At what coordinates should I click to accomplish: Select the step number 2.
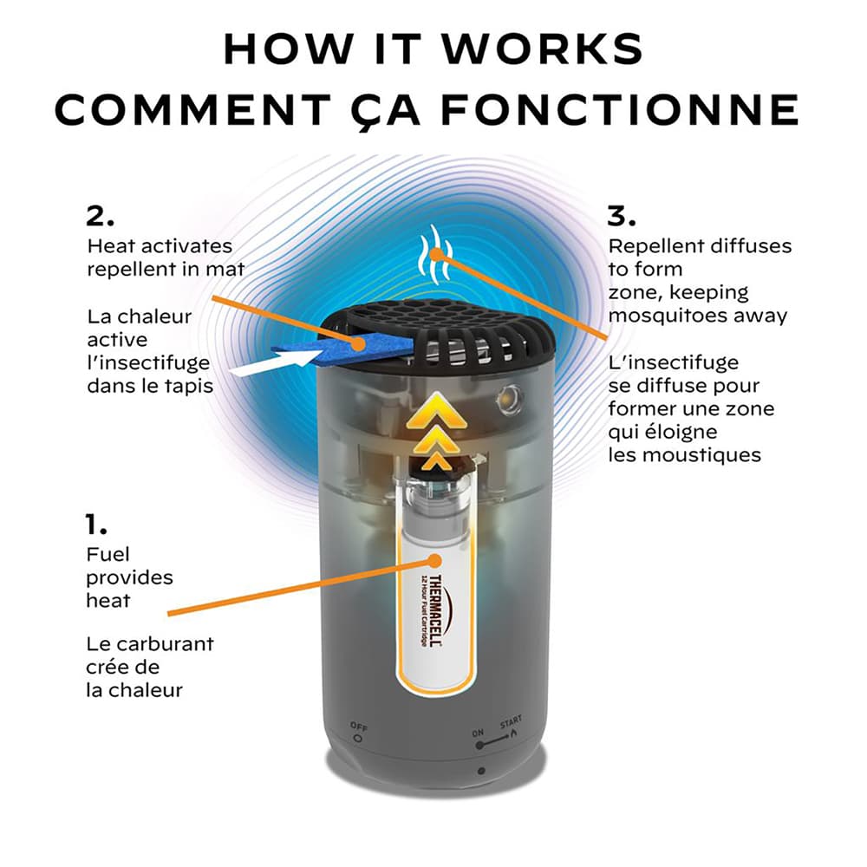101,215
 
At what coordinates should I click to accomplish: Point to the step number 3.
623,215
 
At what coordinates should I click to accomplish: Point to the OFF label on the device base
358,726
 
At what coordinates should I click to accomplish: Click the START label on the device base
511,723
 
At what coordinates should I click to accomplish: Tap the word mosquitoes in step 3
668,316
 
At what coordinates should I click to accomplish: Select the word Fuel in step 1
108,554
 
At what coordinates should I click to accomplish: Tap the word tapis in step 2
188,385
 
